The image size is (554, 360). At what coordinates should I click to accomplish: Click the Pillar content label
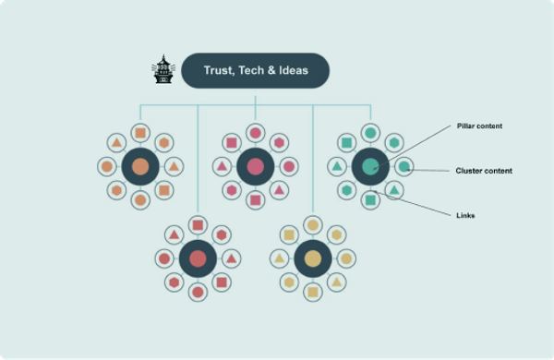tap(480, 126)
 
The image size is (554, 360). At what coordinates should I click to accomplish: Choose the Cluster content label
tap(484, 171)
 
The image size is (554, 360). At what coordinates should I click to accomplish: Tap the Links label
tap(465, 215)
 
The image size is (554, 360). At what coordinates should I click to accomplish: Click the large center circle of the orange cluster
tap(140, 166)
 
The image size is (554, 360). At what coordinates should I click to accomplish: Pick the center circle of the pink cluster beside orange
tap(256, 166)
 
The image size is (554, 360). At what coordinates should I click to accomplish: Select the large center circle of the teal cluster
tap(370, 166)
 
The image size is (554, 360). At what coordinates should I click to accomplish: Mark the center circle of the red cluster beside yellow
tap(198, 258)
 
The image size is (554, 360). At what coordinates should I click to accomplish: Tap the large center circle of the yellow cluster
tap(313, 258)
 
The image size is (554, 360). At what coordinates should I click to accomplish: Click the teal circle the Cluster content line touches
tap(403, 167)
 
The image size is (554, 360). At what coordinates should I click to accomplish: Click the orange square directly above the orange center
tap(140, 133)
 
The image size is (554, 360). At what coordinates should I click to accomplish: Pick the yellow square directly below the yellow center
tap(313, 292)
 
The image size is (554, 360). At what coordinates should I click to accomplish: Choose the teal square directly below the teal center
tap(370, 199)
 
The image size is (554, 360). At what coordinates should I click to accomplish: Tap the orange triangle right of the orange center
tap(174, 166)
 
